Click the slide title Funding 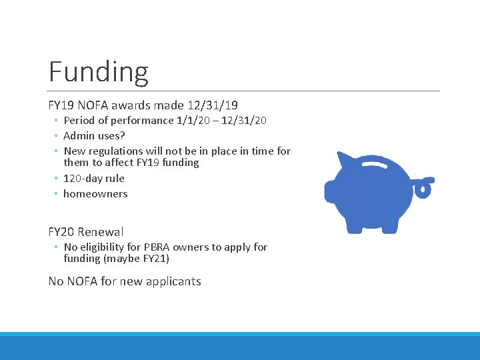98,71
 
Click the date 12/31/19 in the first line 215,105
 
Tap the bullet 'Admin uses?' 94,136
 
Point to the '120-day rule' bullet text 94,178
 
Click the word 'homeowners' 95,194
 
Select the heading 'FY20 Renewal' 86,232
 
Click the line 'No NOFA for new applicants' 125,281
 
